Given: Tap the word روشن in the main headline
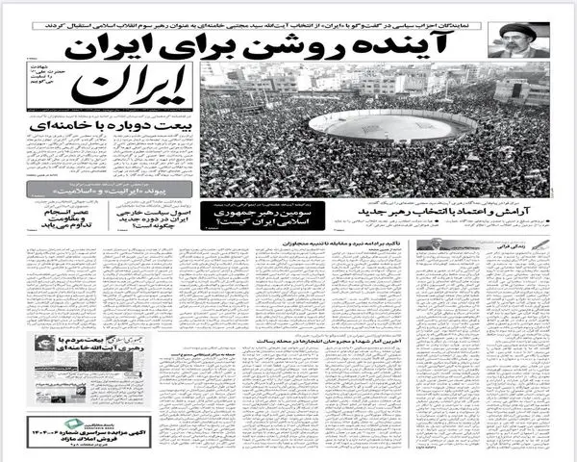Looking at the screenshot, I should [x=337, y=42].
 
